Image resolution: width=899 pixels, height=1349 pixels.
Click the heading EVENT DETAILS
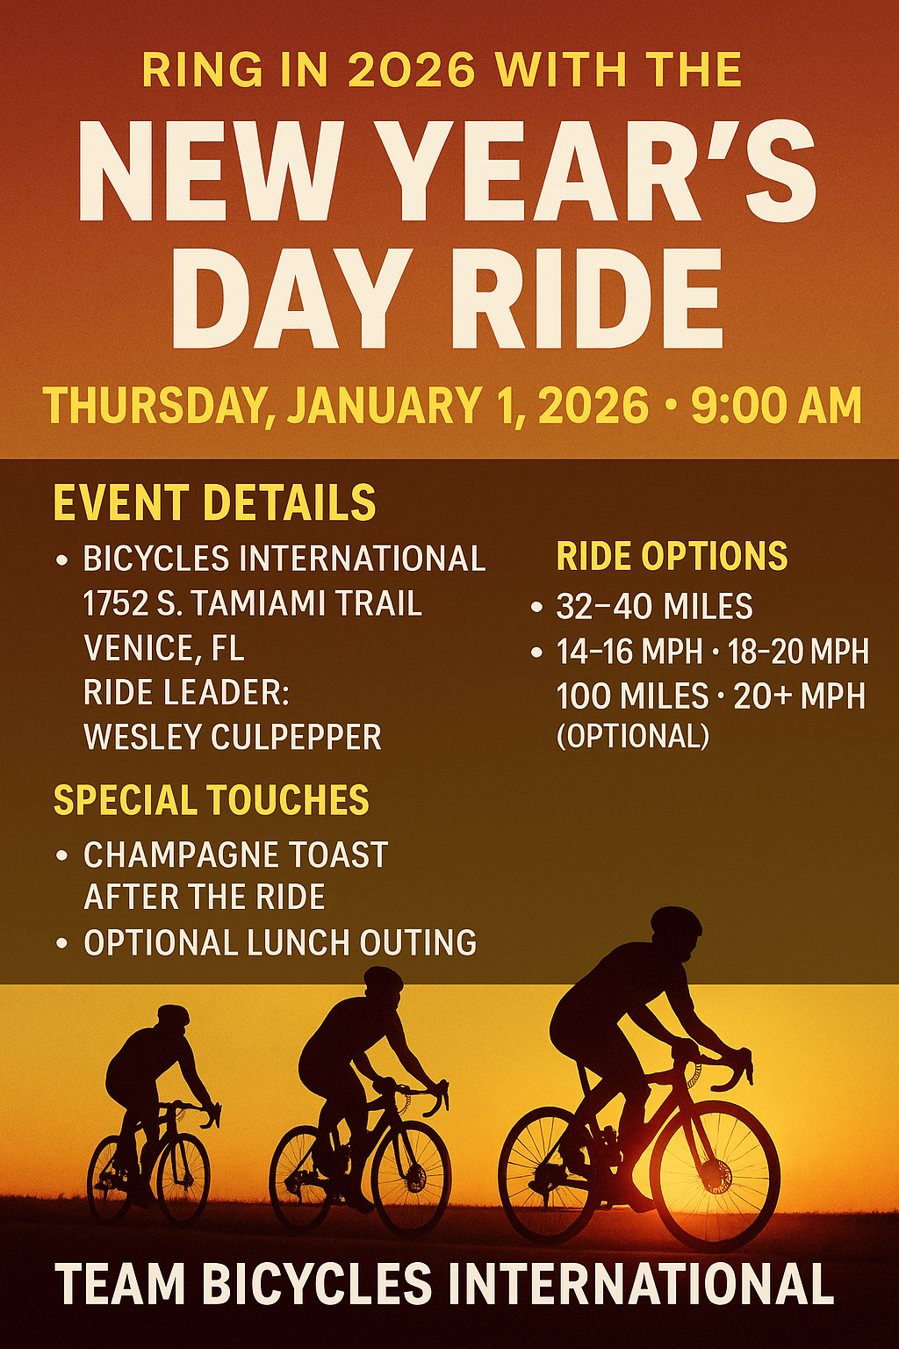coord(214,502)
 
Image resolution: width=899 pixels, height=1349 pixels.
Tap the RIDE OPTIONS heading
coord(672,555)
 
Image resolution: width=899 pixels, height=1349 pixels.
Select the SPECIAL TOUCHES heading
coord(212,800)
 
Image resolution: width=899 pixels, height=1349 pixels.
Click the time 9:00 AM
coord(776,405)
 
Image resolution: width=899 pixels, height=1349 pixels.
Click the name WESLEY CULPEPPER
coord(233,737)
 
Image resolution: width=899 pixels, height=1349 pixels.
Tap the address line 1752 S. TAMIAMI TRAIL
coord(252,603)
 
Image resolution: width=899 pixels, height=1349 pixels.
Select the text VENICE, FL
coord(164,649)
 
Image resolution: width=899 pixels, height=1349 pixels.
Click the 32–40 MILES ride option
coord(655,606)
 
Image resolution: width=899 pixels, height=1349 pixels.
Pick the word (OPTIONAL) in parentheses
coord(633,735)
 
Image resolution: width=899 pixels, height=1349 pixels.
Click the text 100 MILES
coord(632,696)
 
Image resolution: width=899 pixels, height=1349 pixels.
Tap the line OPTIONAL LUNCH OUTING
coord(280,941)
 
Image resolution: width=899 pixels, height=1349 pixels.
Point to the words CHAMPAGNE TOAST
coord(235,855)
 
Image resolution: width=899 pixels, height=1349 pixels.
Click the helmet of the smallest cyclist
coord(173,1014)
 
